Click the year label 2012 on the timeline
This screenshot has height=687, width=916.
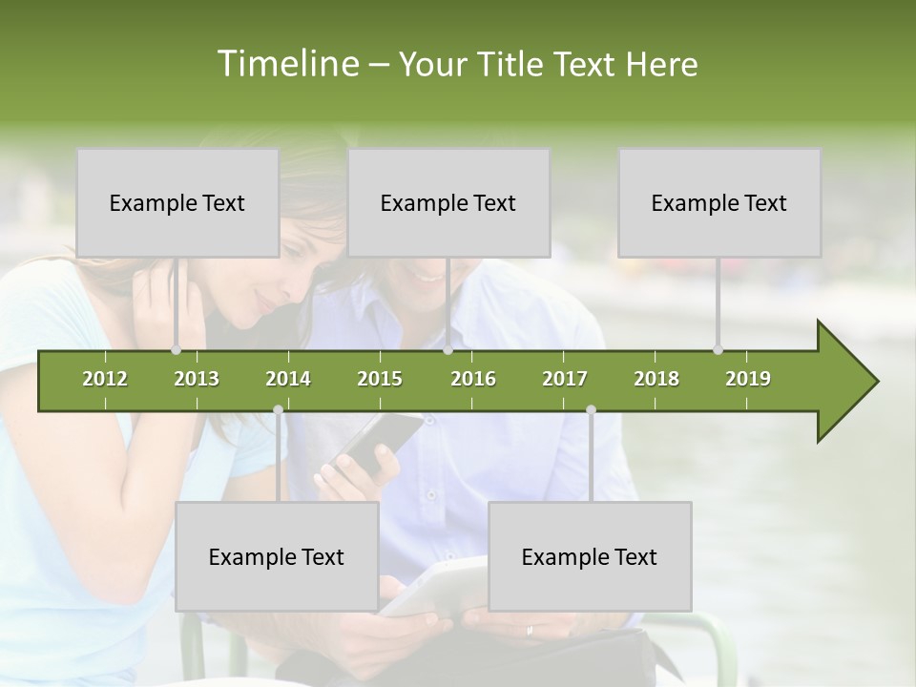pyautogui.click(x=105, y=379)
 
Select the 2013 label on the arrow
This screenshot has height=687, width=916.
pyautogui.click(x=197, y=379)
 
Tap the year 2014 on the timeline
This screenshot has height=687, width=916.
pyautogui.click(x=288, y=379)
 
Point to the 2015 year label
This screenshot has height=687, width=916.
pyautogui.click(x=380, y=379)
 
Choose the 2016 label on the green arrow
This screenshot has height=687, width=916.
pyautogui.click(x=473, y=379)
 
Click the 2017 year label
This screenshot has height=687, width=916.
pyautogui.click(x=565, y=379)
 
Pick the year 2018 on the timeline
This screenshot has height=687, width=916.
pyautogui.click(x=656, y=379)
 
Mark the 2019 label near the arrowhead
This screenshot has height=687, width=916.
pyautogui.click(x=748, y=379)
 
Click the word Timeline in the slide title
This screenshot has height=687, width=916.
pyautogui.click(x=286, y=64)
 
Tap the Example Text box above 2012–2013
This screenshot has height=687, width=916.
pyautogui.click(x=177, y=202)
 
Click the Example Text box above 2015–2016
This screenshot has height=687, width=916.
pyautogui.click(x=448, y=202)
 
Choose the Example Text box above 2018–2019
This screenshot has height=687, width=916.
pyautogui.click(x=719, y=202)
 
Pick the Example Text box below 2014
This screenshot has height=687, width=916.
pyautogui.click(x=277, y=556)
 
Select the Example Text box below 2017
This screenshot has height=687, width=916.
pyautogui.click(x=590, y=556)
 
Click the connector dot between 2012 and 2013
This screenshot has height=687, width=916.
pyautogui.click(x=176, y=350)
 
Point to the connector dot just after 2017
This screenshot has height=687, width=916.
pyautogui.click(x=591, y=409)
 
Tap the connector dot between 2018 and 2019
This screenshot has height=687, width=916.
pyautogui.click(x=718, y=350)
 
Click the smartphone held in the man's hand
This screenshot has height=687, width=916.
pyautogui.click(x=377, y=441)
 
